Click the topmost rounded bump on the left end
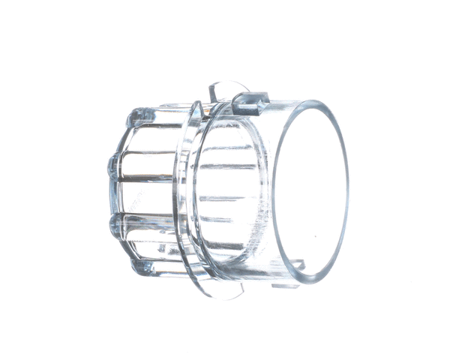pyautogui.click(x=136, y=115)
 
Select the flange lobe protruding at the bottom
pyautogui.click(x=225, y=289)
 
